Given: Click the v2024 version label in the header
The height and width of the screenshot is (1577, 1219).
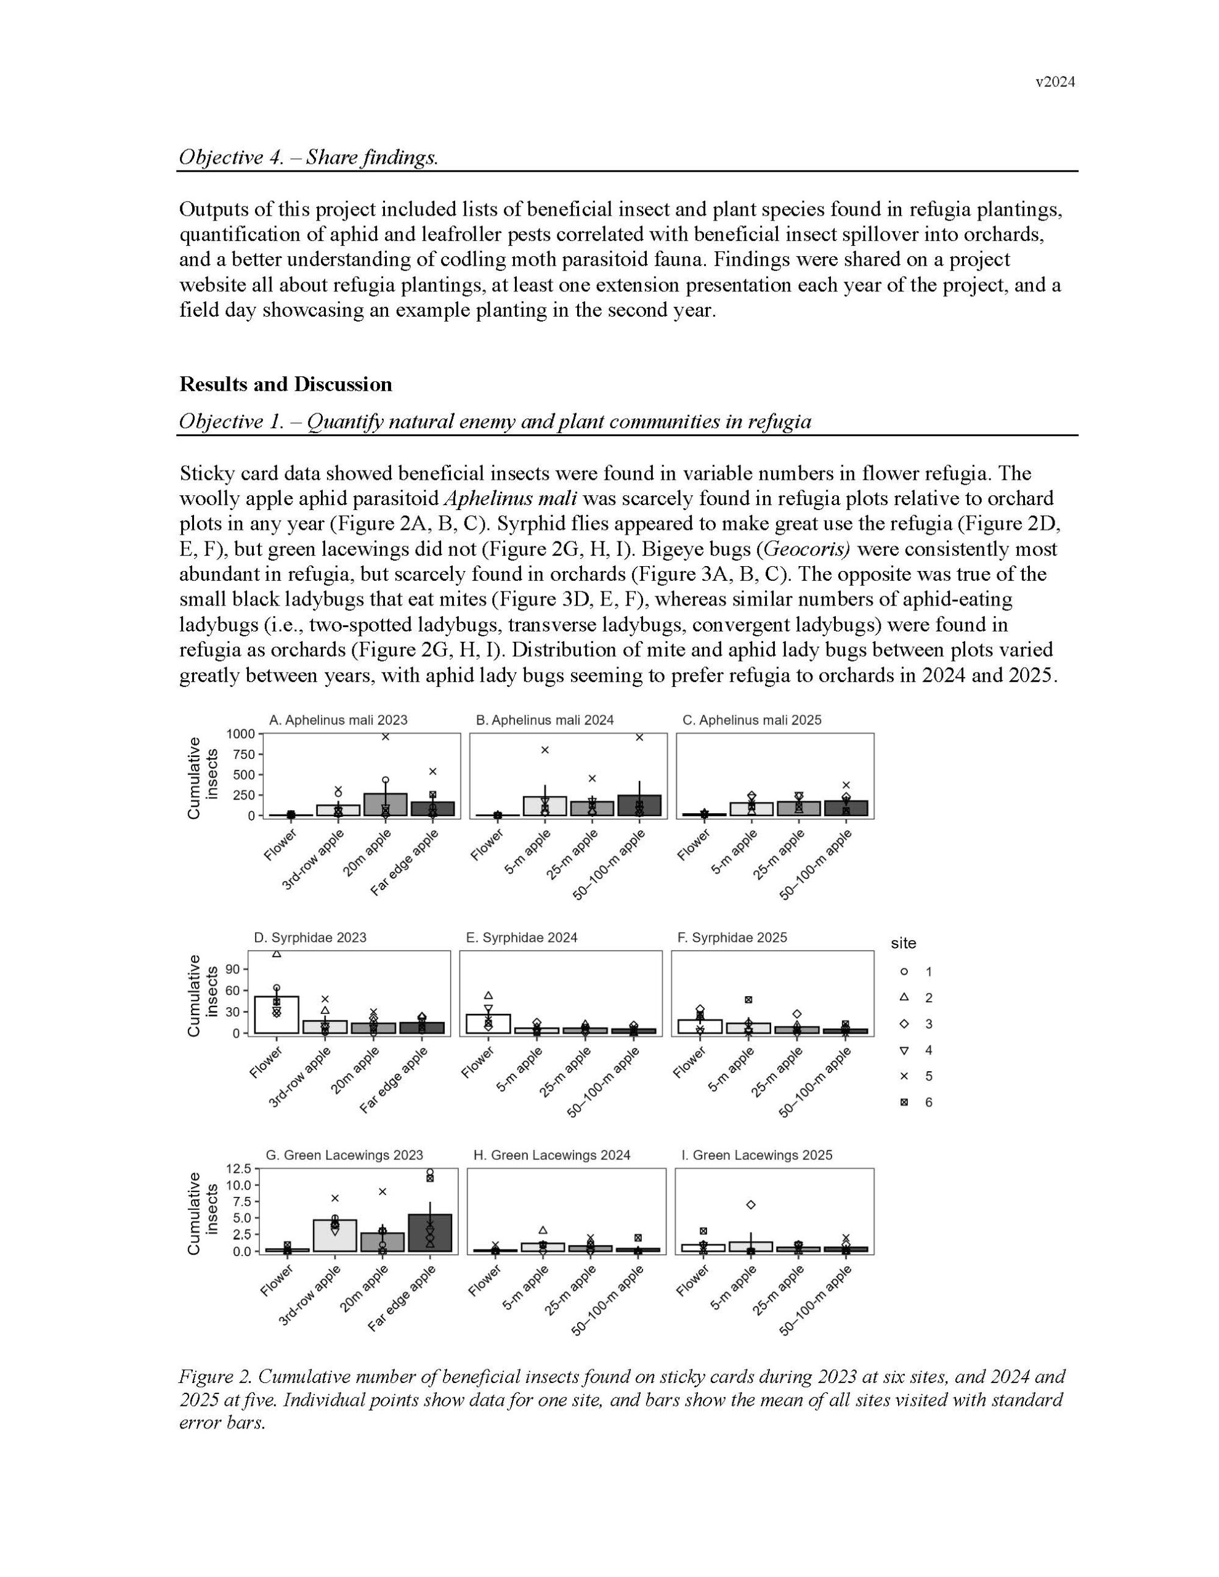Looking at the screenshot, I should point(1055,83).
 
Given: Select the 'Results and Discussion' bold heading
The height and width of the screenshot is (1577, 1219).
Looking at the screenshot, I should point(285,384).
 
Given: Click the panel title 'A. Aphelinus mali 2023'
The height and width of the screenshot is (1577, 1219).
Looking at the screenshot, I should point(338,720).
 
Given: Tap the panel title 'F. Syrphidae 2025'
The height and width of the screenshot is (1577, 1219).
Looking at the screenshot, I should point(732,937).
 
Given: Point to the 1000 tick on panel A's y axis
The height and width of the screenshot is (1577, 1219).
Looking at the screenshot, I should point(240,734).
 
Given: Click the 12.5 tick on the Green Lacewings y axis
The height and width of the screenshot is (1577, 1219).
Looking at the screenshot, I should point(239,1169).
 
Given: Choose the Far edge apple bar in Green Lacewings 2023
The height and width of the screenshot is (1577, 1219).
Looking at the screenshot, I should point(431,1233).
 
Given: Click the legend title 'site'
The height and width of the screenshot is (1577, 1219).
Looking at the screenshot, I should point(904,943).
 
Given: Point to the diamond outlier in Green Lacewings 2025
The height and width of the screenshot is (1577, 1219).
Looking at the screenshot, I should point(751,1204).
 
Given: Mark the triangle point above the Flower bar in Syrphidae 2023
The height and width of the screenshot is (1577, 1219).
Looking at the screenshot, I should point(277,954).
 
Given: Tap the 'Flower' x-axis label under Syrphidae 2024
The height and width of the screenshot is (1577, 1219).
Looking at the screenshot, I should point(479,1062).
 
